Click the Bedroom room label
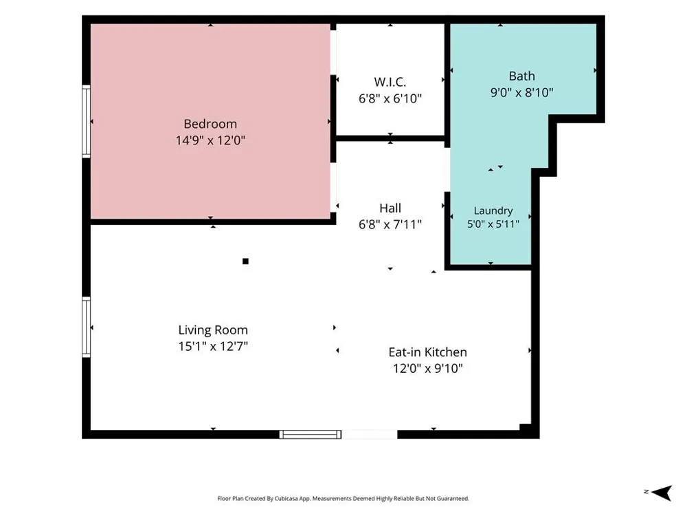click(210, 124)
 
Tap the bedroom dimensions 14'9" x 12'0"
click(210, 140)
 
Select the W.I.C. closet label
click(390, 82)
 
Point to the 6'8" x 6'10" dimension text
click(390, 98)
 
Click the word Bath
click(522, 76)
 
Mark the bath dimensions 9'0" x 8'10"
click(522, 93)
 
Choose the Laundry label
click(493, 211)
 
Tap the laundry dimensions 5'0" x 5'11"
click(493, 224)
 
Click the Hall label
click(390, 208)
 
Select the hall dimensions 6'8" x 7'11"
click(390, 225)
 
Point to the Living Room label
click(213, 330)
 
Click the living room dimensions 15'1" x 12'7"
click(213, 346)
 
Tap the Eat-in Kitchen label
click(427, 352)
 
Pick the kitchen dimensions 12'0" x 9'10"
click(427, 369)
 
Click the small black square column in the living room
click(245, 261)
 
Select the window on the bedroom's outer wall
click(87, 122)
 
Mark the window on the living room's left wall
click(87, 327)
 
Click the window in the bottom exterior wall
click(311, 434)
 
